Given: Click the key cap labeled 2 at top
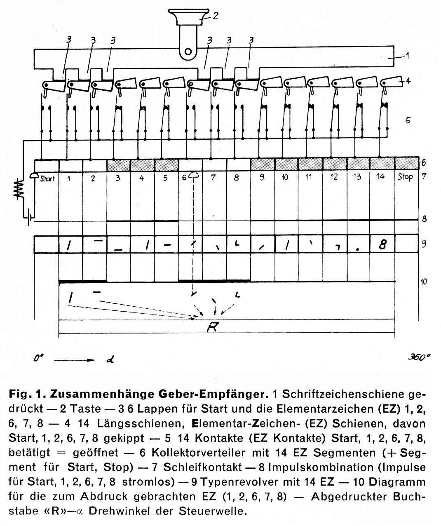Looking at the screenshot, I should coord(188,16).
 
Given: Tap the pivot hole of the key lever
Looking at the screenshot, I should coord(188,52).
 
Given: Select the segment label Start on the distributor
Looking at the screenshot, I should coord(47,178).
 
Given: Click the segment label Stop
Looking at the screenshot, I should coord(405,177).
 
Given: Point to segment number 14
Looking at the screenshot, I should coord(380,177).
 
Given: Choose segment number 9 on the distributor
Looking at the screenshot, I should coord(261,178).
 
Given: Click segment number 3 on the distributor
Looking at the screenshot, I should coord(117,178).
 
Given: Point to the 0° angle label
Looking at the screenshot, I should coord(38,359).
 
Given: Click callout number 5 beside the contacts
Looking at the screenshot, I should coord(408,121).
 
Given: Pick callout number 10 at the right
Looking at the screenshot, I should coord(423,282).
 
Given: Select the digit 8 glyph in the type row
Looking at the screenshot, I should coord(382,244).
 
